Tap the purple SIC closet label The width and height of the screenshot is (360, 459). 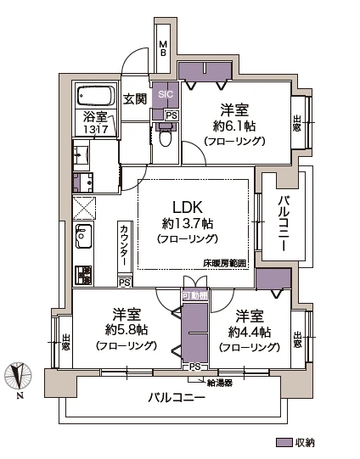tap(164, 95)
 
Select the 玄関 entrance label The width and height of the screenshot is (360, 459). tap(134, 99)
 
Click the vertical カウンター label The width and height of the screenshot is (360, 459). tap(124, 246)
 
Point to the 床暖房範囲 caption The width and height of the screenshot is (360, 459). tap(225, 264)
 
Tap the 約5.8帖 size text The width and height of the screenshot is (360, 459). tap(125, 329)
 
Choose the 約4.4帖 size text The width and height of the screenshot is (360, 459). tap(248, 331)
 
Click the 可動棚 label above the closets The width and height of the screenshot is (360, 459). tap(194, 295)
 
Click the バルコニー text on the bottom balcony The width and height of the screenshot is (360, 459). tap(177, 398)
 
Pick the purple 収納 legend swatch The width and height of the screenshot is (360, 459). tap(284, 443)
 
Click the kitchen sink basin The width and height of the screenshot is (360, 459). tap(82, 236)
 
